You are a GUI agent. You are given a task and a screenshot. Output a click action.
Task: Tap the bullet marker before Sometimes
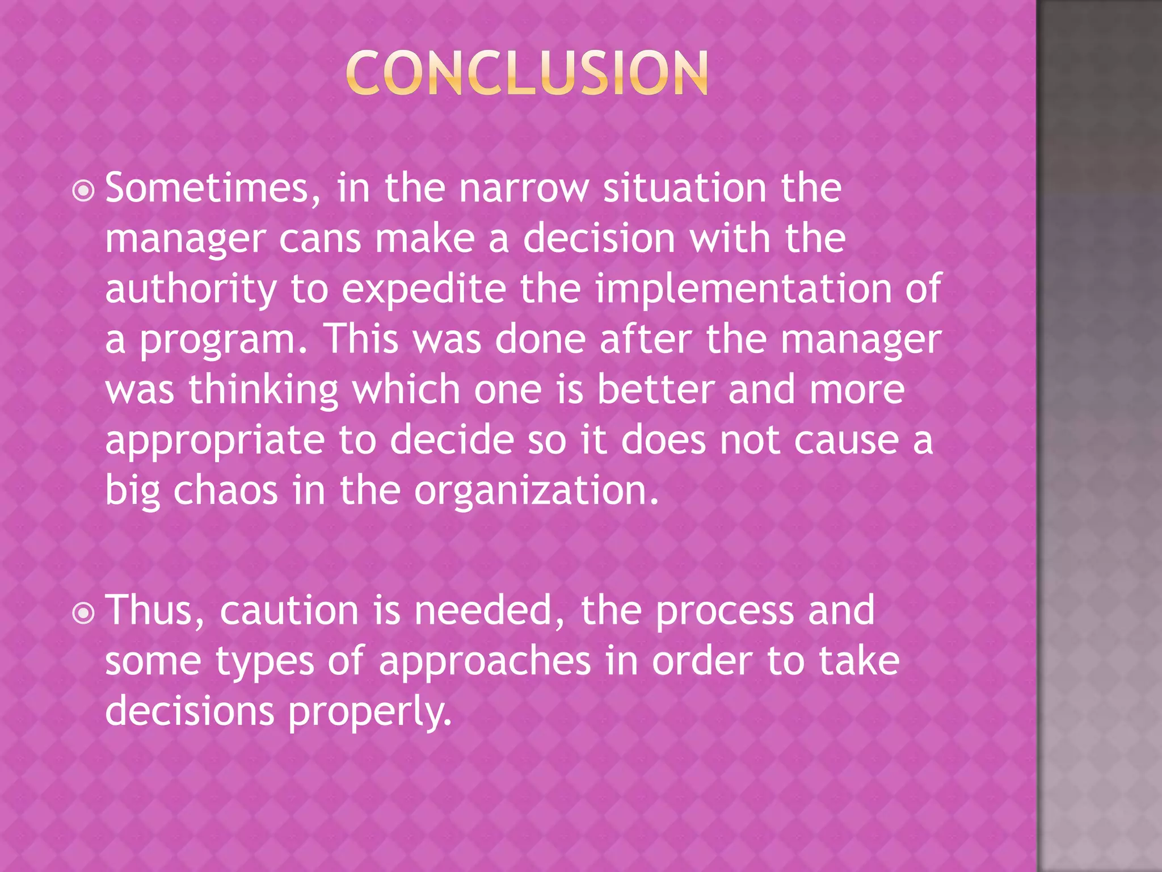84,191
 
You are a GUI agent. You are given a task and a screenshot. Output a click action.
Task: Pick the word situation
684,188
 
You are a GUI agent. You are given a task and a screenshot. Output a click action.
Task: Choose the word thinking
263,391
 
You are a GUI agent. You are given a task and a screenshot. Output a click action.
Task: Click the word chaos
225,491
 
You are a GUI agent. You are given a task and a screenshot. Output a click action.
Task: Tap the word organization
536,492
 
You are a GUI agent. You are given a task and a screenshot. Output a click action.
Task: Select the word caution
289,611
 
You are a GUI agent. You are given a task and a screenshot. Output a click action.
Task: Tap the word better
655,391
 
